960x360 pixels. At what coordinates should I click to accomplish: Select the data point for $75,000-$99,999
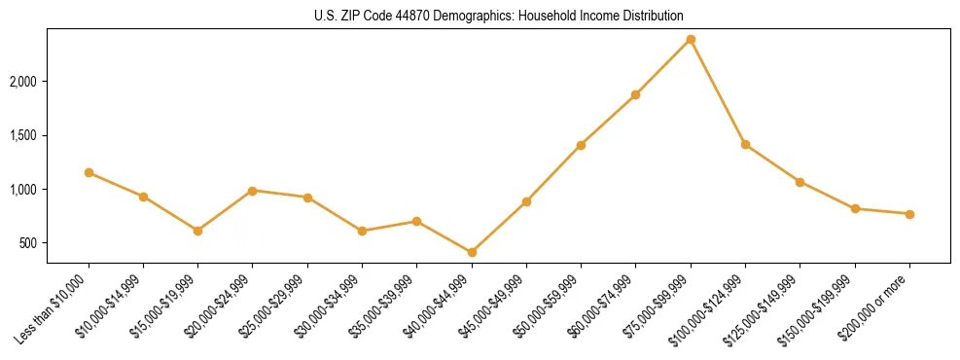coord(691,39)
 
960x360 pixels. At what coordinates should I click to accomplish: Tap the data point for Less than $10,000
coord(89,172)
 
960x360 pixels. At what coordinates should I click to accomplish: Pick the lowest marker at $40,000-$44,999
coord(472,252)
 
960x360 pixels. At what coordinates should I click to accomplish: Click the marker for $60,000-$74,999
coord(635,94)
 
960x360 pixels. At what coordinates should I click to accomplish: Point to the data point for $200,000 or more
coord(909,214)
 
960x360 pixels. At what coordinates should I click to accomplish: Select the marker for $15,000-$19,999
coord(197,231)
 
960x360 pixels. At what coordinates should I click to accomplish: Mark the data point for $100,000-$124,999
coord(745,144)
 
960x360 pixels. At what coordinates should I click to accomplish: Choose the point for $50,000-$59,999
coord(581,145)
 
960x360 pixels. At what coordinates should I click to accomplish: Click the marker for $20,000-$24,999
coord(253,191)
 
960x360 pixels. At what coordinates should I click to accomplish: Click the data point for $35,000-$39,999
coord(416,221)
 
